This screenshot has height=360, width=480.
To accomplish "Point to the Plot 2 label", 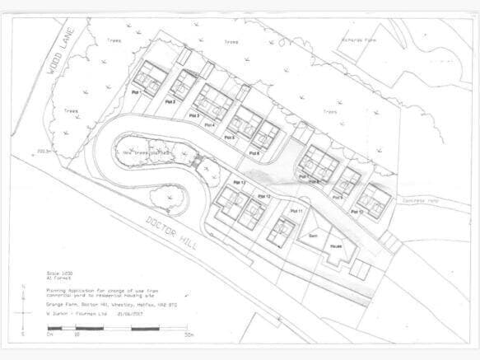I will coord(170,101).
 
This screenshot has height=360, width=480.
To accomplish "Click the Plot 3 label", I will coord(194,116).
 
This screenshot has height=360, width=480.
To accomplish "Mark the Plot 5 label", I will coord(230,138).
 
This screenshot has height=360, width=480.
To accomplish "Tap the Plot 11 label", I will coord(296,212).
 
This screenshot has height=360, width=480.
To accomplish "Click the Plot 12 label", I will coord(263,197).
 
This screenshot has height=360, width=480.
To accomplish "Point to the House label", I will coord(337,245).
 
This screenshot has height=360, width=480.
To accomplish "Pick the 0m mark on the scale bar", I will coord(50,335).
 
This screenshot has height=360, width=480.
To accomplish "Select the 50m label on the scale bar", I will coord(189,335).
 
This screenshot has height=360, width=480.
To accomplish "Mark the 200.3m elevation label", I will coord(44,152).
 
